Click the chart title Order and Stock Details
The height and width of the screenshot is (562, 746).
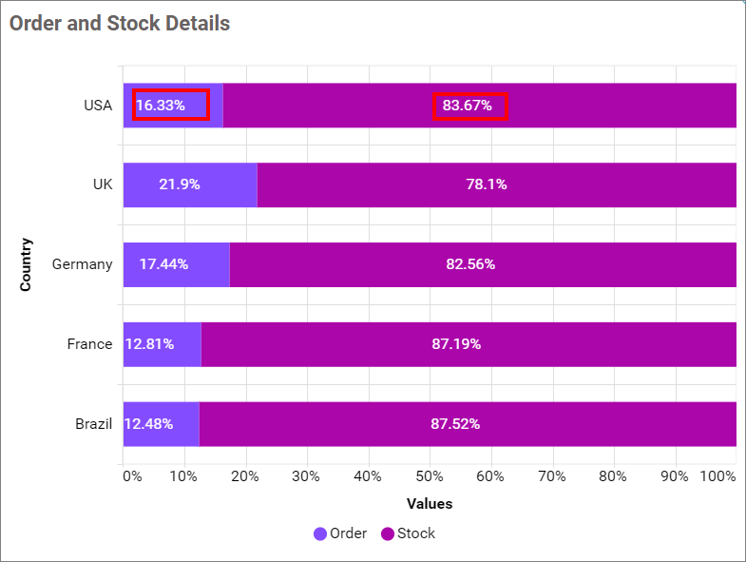click(x=120, y=24)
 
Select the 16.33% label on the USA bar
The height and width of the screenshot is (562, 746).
click(x=171, y=106)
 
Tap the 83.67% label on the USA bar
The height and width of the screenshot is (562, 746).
click(x=471, y=107)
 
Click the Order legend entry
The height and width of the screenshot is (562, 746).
click(x=340, y=533)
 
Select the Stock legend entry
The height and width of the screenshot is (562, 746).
click(x=409, y=533)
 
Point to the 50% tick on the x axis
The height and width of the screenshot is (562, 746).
click(x=430, y=475)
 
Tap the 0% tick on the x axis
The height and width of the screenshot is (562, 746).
click(x=132, y=475)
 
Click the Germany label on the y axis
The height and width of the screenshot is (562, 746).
click(x=82, y=264)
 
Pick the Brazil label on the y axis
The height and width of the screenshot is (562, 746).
click(x=94, y=424)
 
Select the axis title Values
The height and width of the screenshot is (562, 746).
click(x=430, y=504)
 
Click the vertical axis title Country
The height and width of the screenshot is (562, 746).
click(x=27, y=264)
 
